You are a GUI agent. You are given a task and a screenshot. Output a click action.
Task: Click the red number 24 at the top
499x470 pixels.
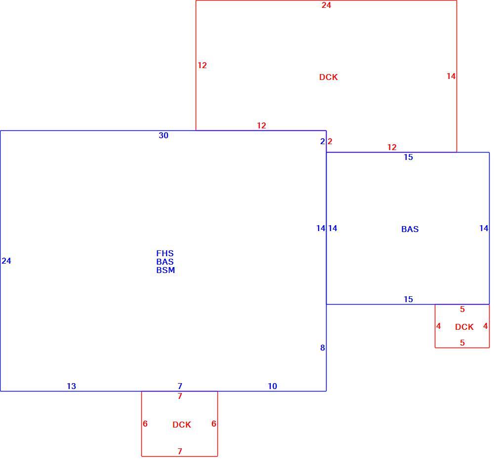(x=326, y=5)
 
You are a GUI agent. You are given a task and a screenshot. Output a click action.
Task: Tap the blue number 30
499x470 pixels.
(x=163, y=135)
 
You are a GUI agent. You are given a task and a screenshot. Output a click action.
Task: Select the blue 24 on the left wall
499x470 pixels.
(x=6, y=261)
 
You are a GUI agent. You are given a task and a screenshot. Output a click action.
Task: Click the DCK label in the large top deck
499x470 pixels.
(x=329, y=77)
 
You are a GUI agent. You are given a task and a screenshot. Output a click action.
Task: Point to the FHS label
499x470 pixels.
(x=165, y=253)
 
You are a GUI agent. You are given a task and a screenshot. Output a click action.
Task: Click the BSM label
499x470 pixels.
(x=166, y=270)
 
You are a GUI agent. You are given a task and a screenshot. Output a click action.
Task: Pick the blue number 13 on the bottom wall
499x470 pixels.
(x=71, y=386)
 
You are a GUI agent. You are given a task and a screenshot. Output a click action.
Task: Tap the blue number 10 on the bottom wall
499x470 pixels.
(x=272, y=386)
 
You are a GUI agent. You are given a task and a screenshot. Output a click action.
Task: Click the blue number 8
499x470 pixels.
(x=323, y=348)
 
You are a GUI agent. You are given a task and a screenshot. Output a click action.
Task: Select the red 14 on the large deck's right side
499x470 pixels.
(x=451, y=76)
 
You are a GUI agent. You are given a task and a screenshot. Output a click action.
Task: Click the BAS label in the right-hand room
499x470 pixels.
(x=410, y=229)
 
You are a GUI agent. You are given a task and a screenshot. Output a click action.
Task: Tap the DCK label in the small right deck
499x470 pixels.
(x=464, y=327)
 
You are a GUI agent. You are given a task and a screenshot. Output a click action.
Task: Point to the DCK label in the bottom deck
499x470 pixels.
(x=182, y=425)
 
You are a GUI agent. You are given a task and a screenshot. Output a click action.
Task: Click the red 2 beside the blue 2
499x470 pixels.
(x=330, y=142)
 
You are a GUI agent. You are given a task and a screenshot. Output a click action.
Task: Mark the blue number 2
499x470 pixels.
(x=323, y=142)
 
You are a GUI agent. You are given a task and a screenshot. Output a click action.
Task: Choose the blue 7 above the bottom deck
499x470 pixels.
(x=180, y=386)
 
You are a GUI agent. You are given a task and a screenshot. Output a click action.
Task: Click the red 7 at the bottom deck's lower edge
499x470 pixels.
(x=180, y=451)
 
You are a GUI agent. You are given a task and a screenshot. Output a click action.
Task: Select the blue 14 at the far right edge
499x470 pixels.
(x=484, y=228)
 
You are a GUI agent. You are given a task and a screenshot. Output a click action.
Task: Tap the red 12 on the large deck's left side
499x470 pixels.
(x=202, y=65)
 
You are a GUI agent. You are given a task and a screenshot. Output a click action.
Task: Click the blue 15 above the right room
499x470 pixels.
(x=408, y=157)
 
